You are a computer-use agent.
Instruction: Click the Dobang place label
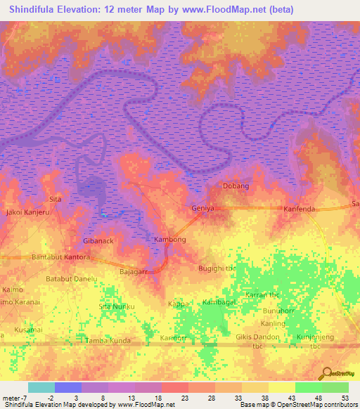(x=236, y=186)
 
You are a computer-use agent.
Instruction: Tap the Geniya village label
(x=202, y=209)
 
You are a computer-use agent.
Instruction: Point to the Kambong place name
(x=169, y=240)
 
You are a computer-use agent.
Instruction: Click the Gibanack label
(x=98, y=240)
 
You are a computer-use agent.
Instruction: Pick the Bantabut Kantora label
(x=61, y=258)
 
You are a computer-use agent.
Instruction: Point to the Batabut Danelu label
(x=71, y=279)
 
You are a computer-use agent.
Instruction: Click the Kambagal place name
(x=219, y=301)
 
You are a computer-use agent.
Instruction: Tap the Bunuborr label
(x=281, y=310)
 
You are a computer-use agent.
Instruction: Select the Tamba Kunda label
(x=108, y=341)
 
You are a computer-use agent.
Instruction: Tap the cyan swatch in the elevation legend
(x=41, y=387)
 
